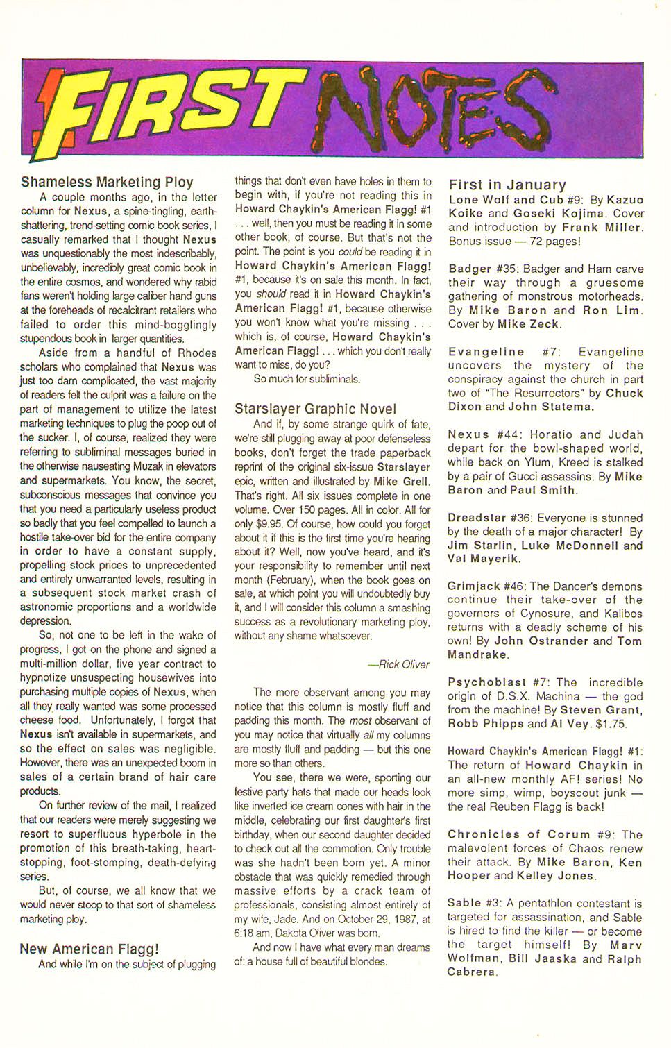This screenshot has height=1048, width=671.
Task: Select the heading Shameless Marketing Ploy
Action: coord(107,182)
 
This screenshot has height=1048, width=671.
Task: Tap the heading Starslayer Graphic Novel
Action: coord(316,409)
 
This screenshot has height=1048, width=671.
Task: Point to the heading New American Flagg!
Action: coord(90,949)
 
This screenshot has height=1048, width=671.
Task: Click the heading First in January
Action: coord(507,185)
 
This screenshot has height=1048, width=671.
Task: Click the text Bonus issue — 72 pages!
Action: coord(513,241)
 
